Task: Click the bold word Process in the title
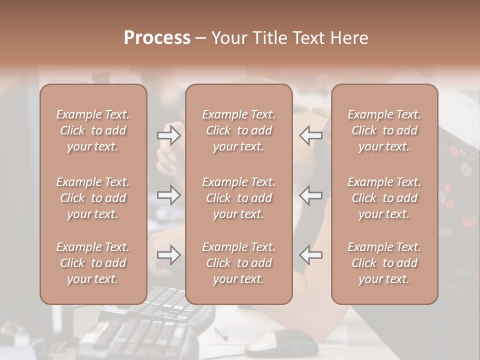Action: (157, 38)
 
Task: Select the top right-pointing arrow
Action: (168, 135)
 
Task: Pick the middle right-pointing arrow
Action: (168, 195)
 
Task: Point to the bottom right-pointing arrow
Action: (168, 255)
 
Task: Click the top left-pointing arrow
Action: (310, 135)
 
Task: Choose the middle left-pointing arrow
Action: (310, 195)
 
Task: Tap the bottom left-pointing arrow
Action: (310, 255)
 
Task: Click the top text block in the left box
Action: (93, 130)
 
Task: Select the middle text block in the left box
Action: (93, 198)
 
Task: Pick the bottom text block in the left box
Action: (93, 263)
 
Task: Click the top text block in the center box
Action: (238, 130)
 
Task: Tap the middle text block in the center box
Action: (238, 198)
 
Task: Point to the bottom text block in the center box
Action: (238, 263)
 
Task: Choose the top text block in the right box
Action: (384, 130)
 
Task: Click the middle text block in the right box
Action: (384, 198)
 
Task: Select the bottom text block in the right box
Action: (384, 263)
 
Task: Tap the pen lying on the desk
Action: (221, 333)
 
